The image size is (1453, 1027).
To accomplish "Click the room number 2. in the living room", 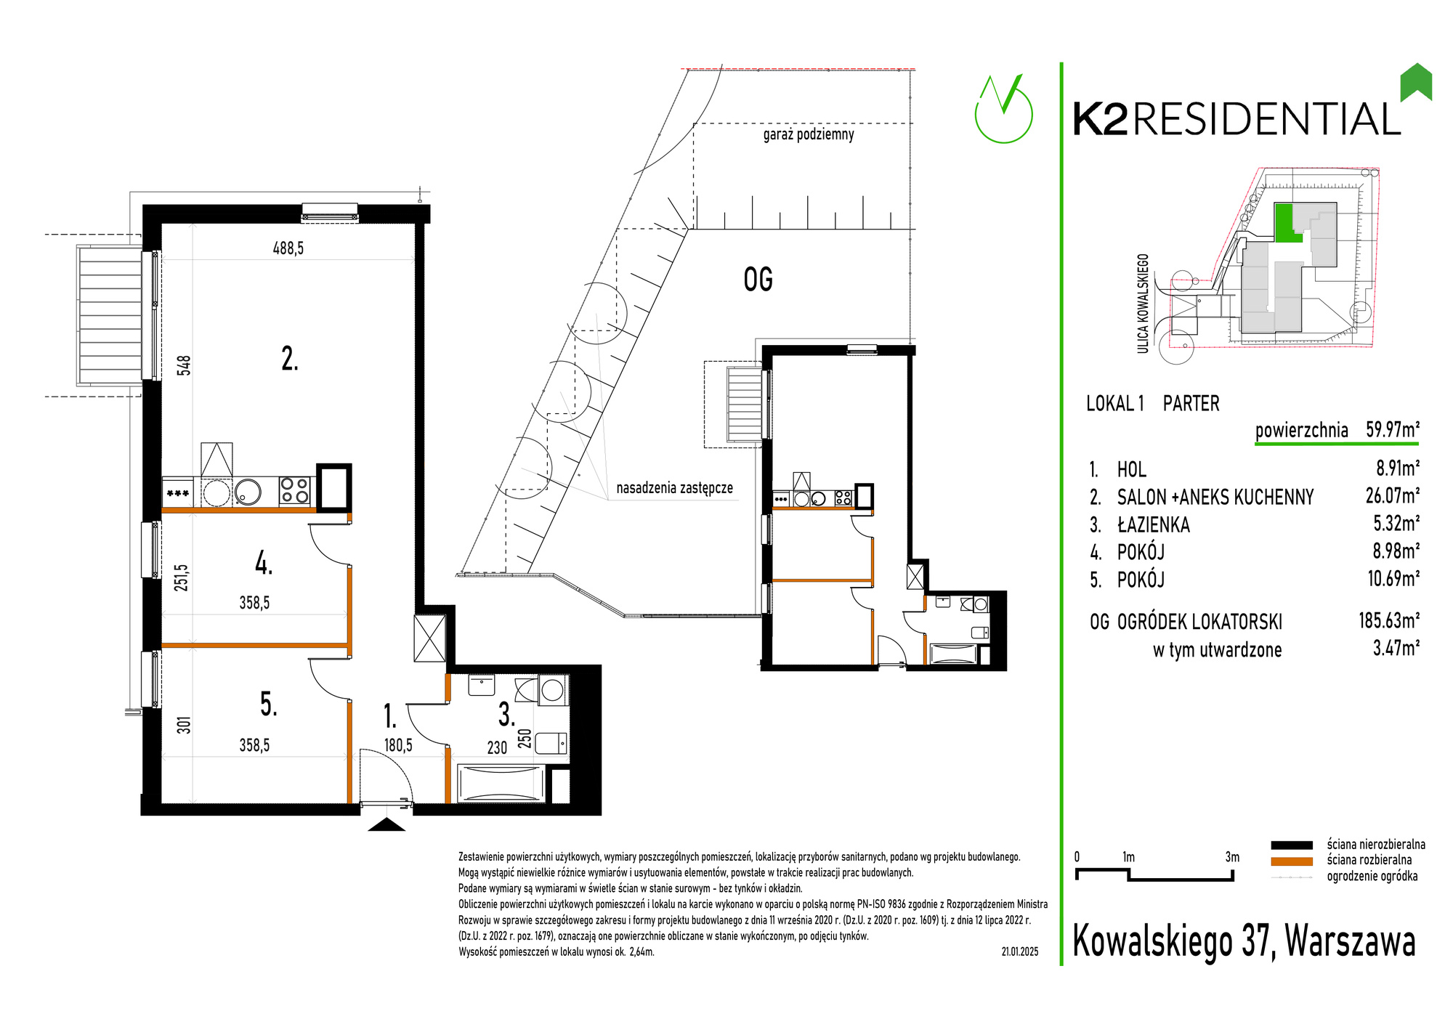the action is tap(289, 359).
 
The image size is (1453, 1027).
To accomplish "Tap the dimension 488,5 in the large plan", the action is tap(288, 248).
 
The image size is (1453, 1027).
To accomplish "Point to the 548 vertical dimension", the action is tap(185, 365).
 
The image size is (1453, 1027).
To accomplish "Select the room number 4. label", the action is tap(264, 563).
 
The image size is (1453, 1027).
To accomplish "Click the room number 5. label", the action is tap(268, 704).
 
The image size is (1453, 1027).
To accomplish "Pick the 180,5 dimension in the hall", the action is tap(398, 745).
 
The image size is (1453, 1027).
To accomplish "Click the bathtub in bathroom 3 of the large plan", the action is tap(501, 784).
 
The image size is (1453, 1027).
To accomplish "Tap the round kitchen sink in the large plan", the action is tap(248, 492).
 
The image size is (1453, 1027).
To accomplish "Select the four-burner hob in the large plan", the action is tap(295, 491).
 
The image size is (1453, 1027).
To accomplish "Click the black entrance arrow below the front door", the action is tap(386, 824).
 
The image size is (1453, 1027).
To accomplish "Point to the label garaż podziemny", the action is tap(809, 134).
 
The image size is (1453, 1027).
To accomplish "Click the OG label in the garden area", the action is tap(758, 280).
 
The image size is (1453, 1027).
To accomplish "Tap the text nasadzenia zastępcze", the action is tap(675, 488).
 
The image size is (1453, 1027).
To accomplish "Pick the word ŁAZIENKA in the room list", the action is tap(1154, 524).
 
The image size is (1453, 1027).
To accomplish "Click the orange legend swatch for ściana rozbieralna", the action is tap(1292, 861).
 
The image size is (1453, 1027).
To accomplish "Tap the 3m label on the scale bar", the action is tap(1232, 857).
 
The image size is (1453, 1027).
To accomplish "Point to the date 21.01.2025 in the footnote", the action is tap(1020, 951).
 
